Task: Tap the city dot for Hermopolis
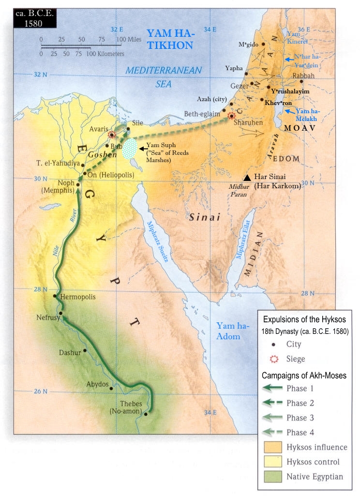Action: pos(55,296)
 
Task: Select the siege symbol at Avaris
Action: pos(112,135)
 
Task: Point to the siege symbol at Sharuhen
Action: pos(231,116)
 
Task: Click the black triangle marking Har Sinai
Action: pos(247,178)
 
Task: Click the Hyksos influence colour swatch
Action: pos(273,447)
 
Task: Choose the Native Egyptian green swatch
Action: pos(273,477)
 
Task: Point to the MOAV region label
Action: pos(300,128)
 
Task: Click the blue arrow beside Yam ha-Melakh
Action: pos(288,111)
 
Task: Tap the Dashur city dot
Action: pos(85,351)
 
